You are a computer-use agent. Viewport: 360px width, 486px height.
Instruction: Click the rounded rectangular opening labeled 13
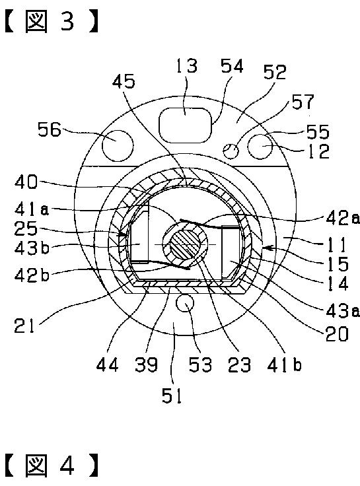click(x=186, y=125)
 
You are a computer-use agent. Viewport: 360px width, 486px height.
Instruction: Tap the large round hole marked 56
click(x=118, y=145)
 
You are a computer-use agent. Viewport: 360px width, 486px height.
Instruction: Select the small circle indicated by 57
click(x=231, y=151)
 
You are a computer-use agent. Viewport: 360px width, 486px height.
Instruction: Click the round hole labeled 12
click(x=261, y=146)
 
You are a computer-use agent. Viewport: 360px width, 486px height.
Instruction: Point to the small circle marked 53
click(x=185, y=303)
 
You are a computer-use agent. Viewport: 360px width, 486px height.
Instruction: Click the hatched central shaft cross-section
click(x=186, y=245)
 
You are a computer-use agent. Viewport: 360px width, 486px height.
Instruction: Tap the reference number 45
click(x=124, y=82)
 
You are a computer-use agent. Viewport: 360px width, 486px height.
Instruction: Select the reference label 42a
click(x=343, y=219)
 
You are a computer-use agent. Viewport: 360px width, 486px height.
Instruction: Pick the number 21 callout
click(x=24, y=326)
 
